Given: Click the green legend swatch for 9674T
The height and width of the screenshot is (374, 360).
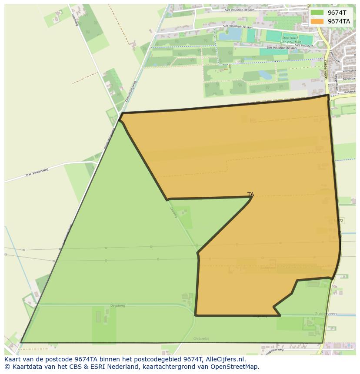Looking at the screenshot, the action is [317, 13].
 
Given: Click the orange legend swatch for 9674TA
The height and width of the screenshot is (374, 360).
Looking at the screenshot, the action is [317, 21].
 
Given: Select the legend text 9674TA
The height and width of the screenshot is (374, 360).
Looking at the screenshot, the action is [339, 21].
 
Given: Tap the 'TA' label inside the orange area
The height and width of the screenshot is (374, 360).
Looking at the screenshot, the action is [250, 195].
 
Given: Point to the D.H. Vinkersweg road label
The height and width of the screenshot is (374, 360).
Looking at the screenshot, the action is [37, 172].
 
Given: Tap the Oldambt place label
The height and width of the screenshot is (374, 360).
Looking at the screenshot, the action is [201, 338].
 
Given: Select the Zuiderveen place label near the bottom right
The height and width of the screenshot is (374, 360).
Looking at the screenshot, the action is [326, 313].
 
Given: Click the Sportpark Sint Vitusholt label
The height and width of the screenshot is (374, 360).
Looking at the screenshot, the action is [291, 40].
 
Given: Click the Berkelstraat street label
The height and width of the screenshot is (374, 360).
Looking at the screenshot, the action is [349, 79].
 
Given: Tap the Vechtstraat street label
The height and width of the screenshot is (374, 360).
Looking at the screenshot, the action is [349, 71].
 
